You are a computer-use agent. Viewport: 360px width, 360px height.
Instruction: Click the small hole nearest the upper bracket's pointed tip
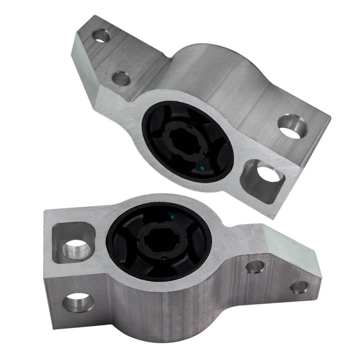(101, 35)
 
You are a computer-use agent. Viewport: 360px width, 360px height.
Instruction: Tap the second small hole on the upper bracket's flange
(121, 78)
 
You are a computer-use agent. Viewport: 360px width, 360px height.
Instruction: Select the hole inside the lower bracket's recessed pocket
(74, 248)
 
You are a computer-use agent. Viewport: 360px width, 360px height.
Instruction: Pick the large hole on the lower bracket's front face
(79, 301)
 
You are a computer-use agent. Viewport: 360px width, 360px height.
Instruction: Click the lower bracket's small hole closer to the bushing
(255, 267)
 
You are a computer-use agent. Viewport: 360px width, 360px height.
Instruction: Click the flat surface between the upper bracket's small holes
(110, 56)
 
